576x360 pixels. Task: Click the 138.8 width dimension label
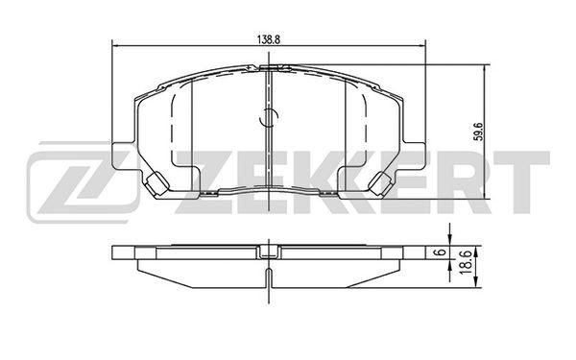pyautogui.click(x=269, y=40)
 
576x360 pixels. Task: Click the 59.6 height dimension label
pyautogui.click(x=477, y=132)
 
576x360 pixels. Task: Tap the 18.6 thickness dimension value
pyautogui.click(x=465, y=261)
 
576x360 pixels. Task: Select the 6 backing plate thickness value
pyautogui.click(x=443, y=252)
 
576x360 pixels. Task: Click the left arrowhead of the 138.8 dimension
pyautogui.click(x=114, y=45)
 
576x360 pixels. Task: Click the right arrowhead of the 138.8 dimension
pyautogui.click(x=422, y=45)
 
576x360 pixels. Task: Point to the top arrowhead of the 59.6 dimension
pyautogui.click(x=486, y=68)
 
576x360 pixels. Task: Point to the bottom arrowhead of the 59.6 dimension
pyautogui.click(x=486, y=196)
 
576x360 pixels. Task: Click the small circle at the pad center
pyautogui.click(x=269, y=117)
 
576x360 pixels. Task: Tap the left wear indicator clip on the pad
pyautogui.click(x=156, y=183)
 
